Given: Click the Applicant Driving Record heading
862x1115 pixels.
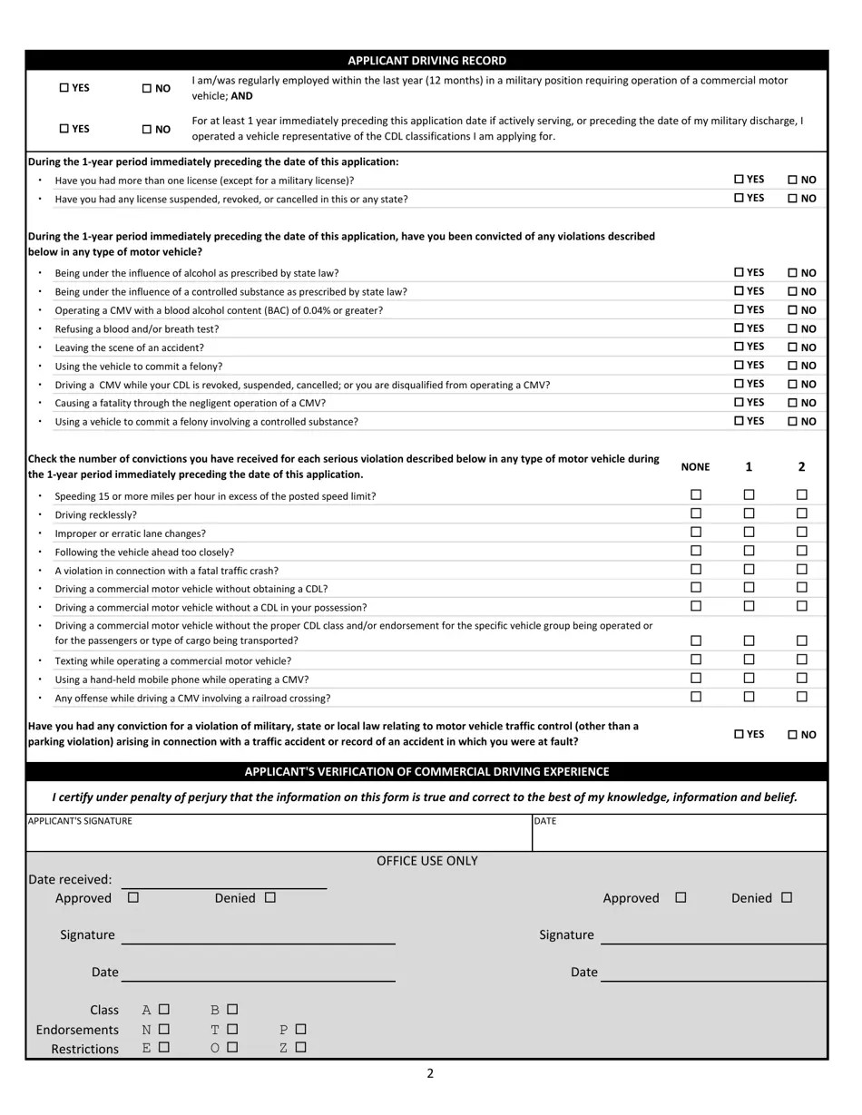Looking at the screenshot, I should (426, 61).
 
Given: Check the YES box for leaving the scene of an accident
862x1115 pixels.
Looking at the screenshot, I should (739, 347).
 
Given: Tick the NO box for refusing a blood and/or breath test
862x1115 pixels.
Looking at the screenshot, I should (792, 329).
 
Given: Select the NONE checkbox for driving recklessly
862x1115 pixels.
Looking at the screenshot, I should (696, 513).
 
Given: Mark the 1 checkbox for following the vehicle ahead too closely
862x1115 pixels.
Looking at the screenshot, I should (749, 551).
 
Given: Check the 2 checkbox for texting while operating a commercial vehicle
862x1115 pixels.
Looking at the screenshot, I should (802, 660).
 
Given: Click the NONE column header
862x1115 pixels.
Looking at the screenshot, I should (695, 467).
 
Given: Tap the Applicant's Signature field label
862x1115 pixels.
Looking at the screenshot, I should (80, 821).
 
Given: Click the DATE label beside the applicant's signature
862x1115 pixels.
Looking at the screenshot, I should (545, 821).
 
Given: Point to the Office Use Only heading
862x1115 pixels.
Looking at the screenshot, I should (426, 861).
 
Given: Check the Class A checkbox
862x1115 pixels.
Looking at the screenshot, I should (163, 1009).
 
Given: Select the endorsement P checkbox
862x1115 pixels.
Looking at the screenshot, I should (300, 1029).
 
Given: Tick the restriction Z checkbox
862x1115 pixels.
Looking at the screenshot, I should (300, 1048).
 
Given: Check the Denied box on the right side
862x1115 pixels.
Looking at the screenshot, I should (787, 897).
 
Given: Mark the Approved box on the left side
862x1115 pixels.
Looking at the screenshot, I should (133, 897).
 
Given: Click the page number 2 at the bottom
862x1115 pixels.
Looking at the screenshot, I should (430, 1074).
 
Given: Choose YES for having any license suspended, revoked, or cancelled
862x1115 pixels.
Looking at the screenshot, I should (739, 198).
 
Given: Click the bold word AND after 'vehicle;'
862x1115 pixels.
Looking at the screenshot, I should (241, 96).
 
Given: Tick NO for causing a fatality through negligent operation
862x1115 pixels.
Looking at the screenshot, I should (792, 403).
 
